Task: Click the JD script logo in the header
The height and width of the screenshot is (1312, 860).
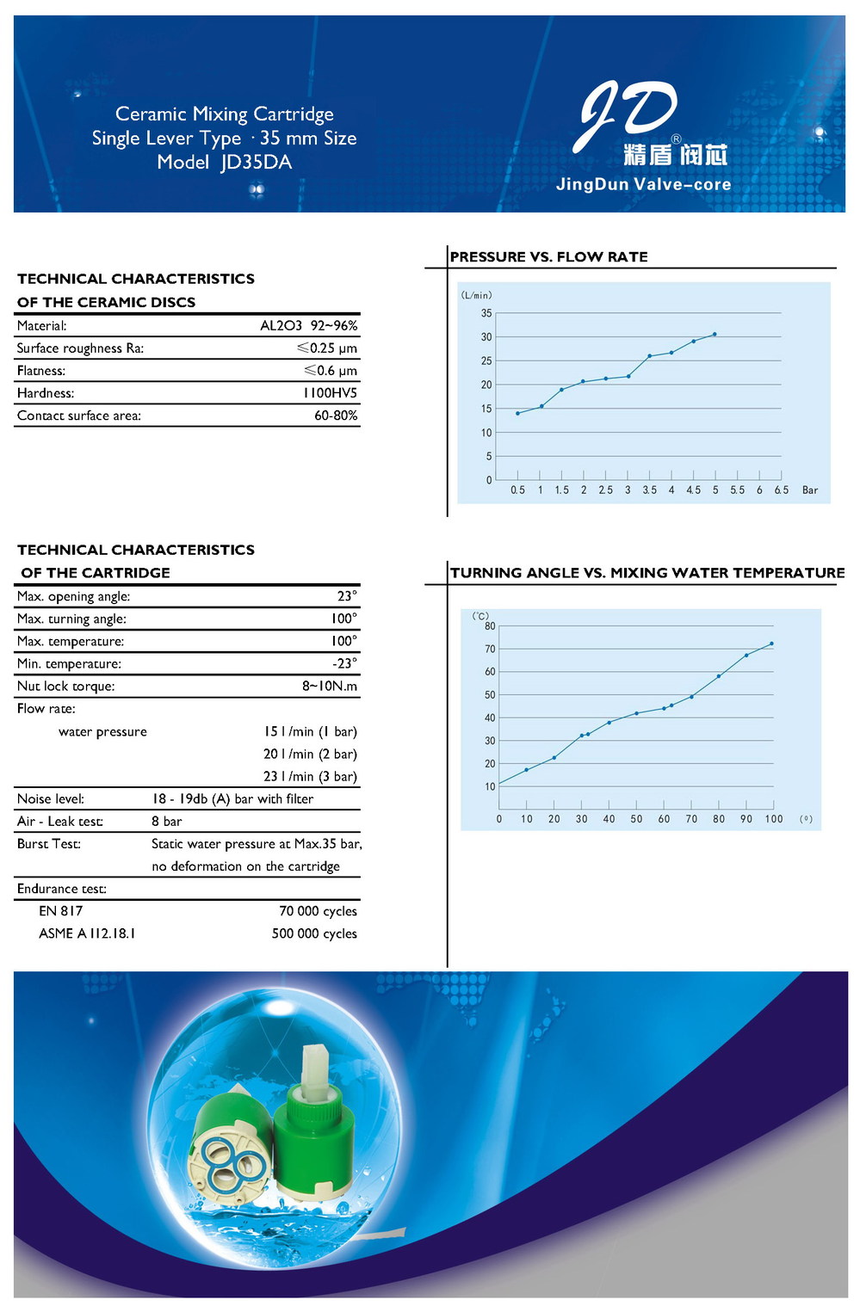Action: (629, 111)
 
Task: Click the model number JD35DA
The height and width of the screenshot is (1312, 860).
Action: (256, 163)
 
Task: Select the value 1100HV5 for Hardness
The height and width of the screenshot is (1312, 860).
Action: (330, 393)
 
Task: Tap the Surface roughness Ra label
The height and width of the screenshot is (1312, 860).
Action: (80, 348)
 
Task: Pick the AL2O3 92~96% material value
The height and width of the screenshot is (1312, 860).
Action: (308, 326)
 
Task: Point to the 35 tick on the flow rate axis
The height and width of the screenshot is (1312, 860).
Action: (486, 313)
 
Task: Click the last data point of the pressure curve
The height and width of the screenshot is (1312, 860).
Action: (715, 334)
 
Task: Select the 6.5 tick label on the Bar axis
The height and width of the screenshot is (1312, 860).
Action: (781, 490)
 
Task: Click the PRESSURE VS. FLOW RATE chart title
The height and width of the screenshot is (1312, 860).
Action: (548, 257)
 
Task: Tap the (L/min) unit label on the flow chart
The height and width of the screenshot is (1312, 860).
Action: (476, 295)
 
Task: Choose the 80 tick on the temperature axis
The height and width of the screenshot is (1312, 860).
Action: (490, 626)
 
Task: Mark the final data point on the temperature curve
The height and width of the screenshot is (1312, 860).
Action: (771, 644)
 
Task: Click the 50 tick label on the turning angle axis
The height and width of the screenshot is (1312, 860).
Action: (636, 819)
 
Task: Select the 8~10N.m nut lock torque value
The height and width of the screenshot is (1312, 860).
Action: (329, 687)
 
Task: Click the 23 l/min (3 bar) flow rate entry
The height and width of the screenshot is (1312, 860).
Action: (310, 777)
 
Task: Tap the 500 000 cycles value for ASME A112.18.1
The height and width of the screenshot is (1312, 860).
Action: (314, 934)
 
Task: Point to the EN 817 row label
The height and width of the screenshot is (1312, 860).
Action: (61, 911)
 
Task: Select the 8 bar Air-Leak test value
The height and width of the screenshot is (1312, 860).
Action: (167, 822)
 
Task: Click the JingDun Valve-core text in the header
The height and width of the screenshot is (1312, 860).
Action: (643, 184)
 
